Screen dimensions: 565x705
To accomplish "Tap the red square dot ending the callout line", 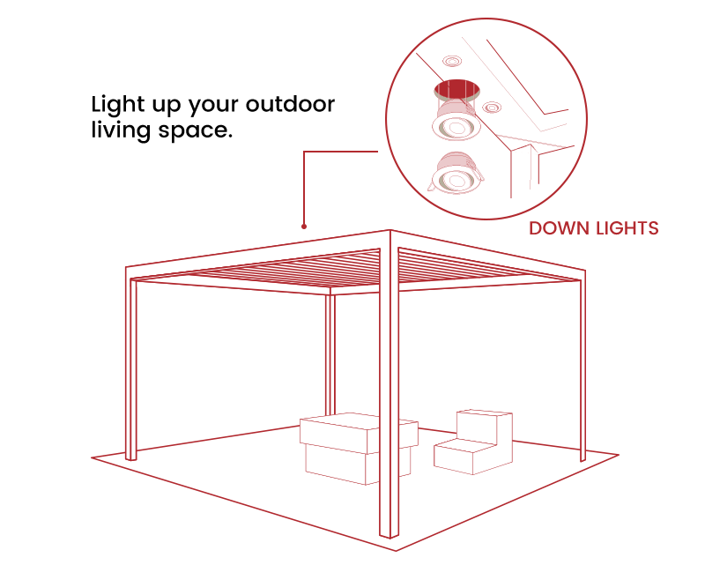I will click(x=304, y=227).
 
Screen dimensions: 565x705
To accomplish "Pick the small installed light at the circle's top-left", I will click(x=452, y=61).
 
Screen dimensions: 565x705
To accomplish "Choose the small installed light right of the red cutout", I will click(x=491, y=108).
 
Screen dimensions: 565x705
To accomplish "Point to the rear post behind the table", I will click(x=330, y=353).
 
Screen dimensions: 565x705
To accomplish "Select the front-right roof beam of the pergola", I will click(x=489, y=256).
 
